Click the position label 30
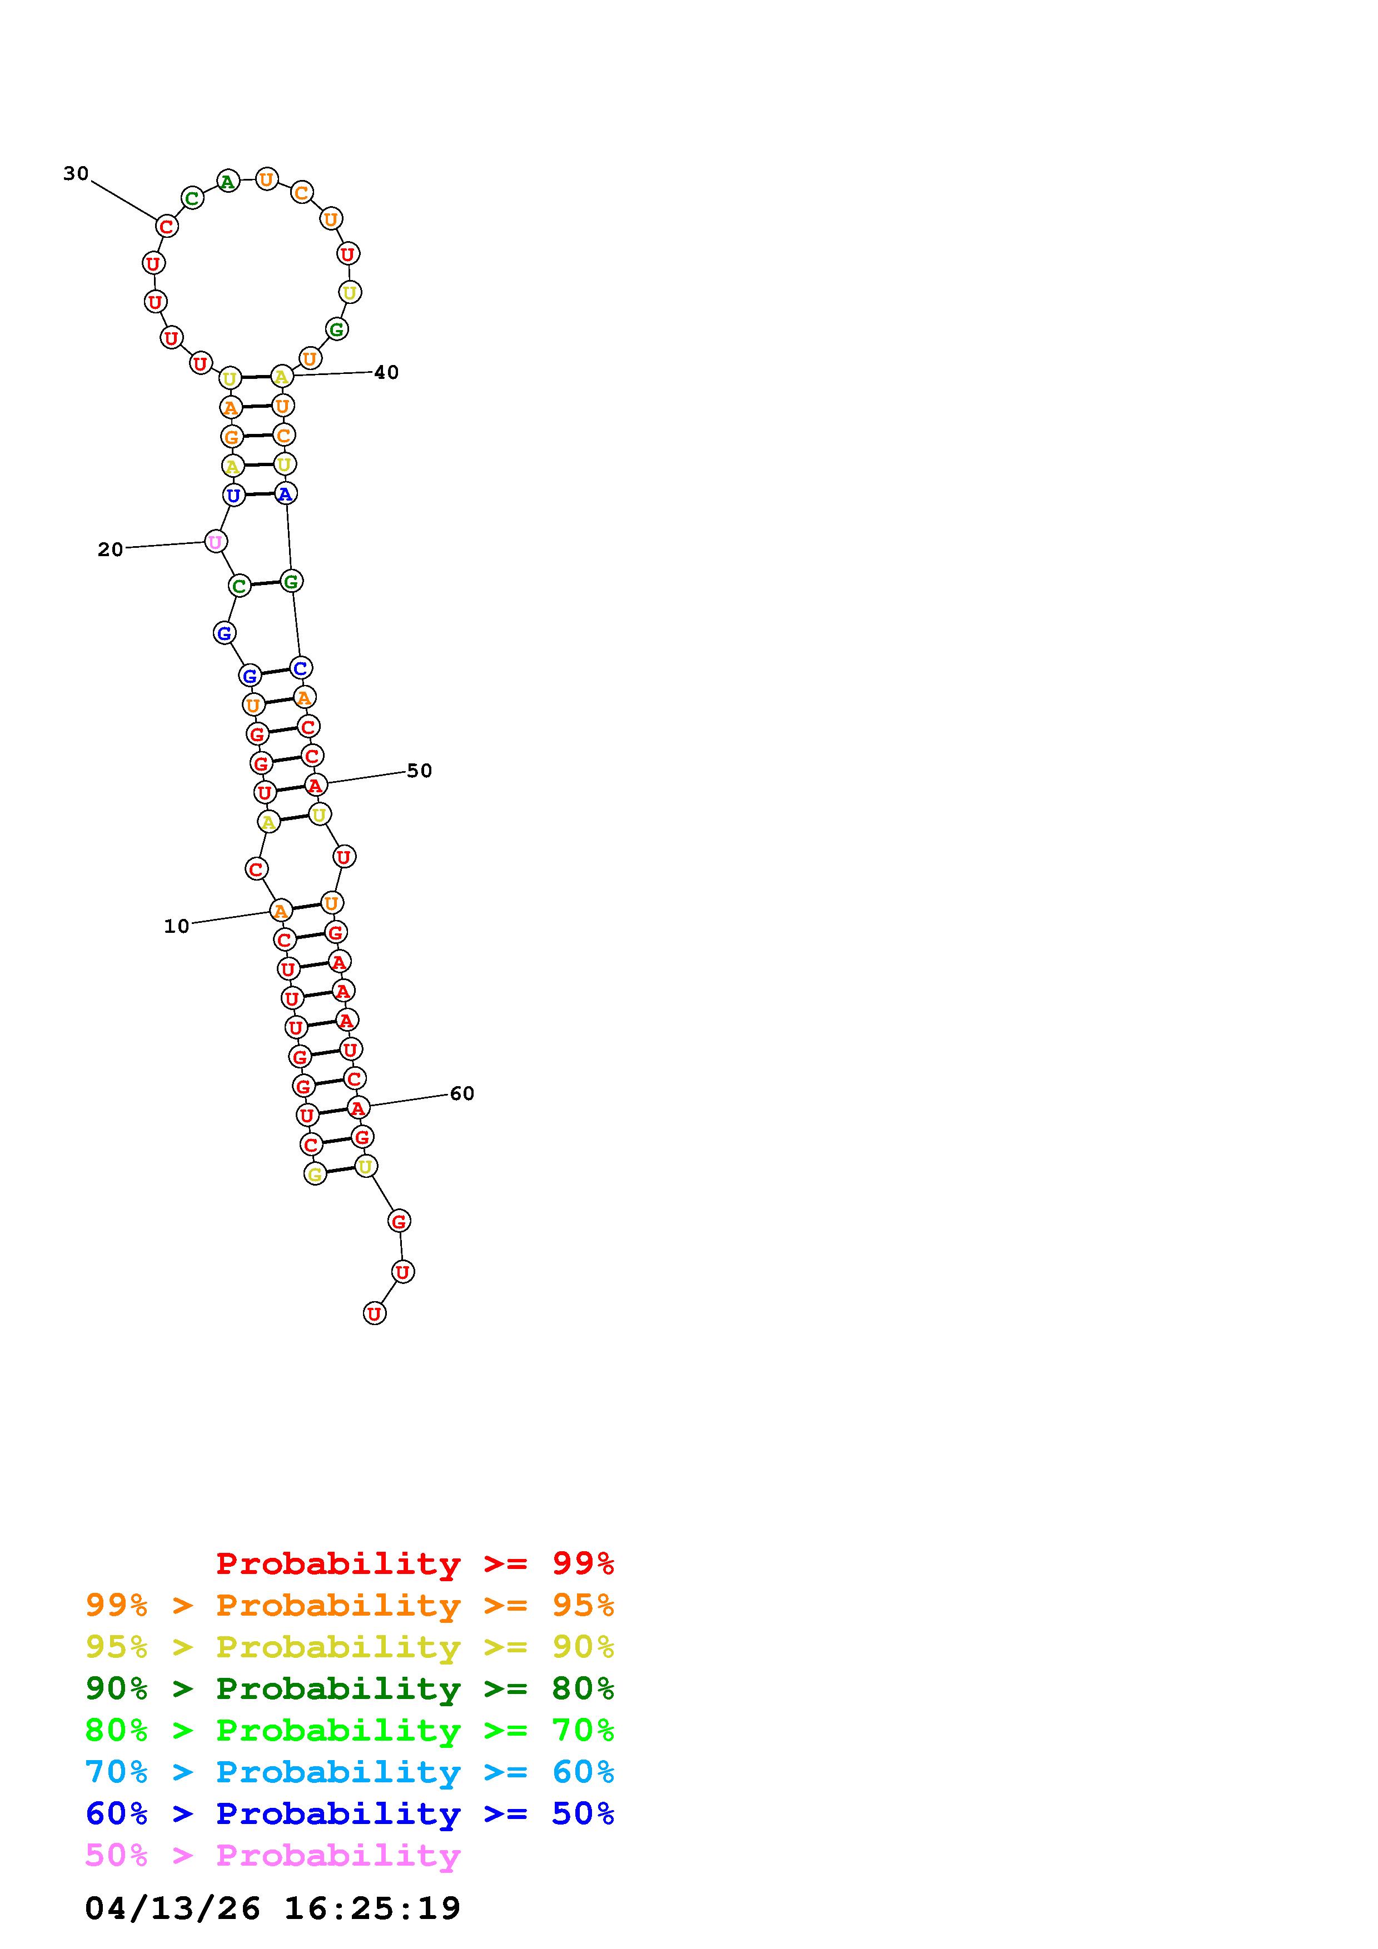[x=76, y=173]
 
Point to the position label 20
[x=111, y=549]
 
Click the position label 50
[x=420, y=770]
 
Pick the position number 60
[x=462, y=1093]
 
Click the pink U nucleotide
[x=216, y=542]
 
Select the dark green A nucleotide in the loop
[x=227, y=181]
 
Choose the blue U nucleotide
[x=233, y=495]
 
